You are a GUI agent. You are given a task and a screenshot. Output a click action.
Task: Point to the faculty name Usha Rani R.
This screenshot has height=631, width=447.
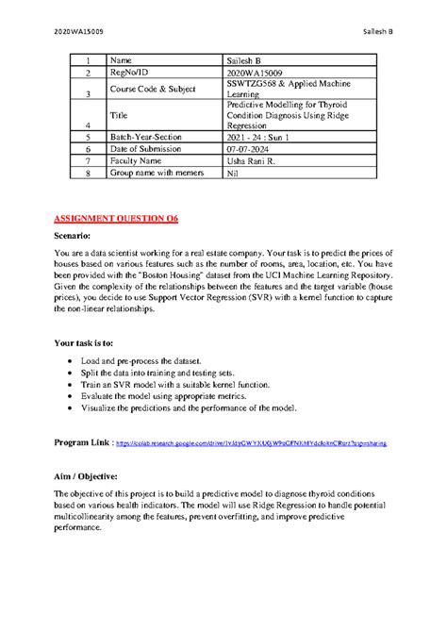click(x=254, y=160)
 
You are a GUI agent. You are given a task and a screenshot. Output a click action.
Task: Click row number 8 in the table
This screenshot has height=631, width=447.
click(x=86, y=173)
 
